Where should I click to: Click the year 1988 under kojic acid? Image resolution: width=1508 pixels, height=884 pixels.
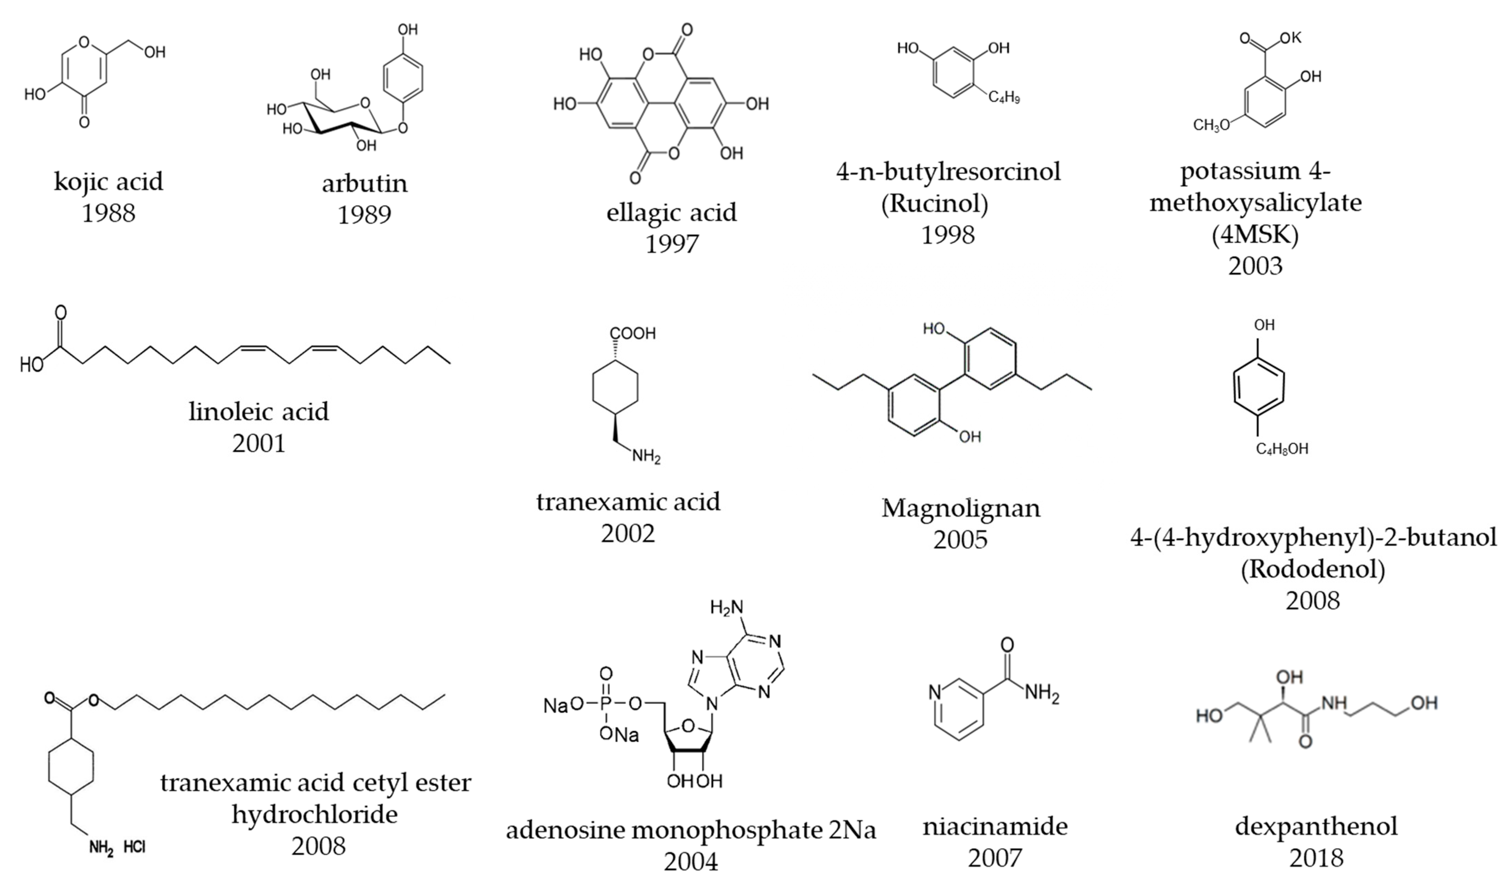coord(108,213)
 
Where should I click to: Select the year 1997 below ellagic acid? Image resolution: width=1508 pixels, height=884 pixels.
coord(672,244)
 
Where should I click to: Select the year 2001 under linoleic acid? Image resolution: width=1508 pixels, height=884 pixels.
coord(258,443)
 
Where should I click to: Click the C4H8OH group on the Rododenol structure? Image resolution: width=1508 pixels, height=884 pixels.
coord(1282,448)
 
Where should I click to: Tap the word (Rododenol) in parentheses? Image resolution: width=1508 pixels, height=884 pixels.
coord(1312,569)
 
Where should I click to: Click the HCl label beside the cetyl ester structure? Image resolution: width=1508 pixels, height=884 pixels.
coord(135,847)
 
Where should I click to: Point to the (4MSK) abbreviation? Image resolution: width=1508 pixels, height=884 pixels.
coord(1255,234)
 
